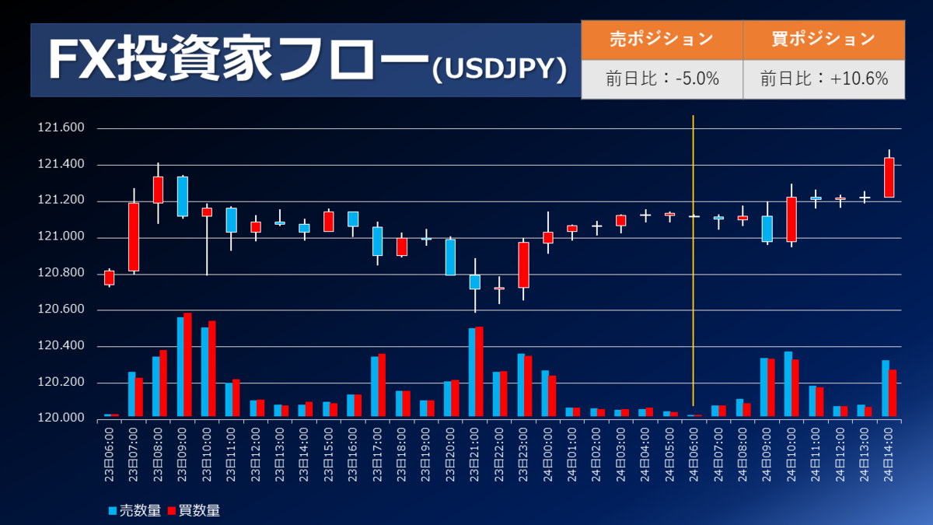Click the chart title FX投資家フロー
coord(237,61)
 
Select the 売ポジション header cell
coord(662,40)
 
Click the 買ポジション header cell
coord(823,40)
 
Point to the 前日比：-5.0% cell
coord(662,79)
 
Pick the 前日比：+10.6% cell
coord(823,79)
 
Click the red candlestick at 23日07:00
coord(134,236)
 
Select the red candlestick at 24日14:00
coord(889,177)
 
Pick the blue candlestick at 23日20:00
coord(450,257)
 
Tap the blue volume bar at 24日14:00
coord(885,388)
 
